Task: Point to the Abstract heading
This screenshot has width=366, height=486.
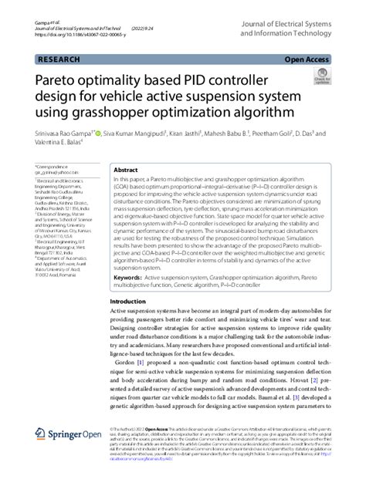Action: click(x=127, y=169)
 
